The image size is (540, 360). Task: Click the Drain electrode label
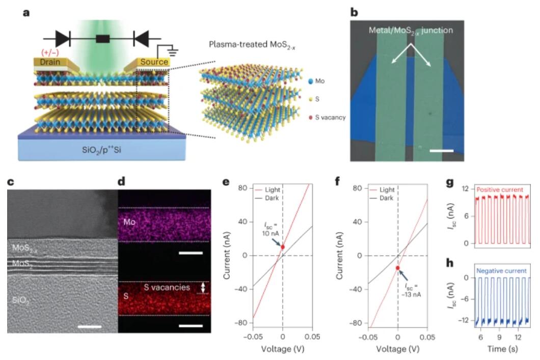pyautogui.click(x=50, y=62)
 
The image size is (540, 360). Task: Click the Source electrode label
pyautogui.click(x=154, y=62)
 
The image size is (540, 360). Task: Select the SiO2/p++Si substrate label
pyautogui.click(x=101, y=150)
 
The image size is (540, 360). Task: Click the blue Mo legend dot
pyautogui.click(x=311, y=81)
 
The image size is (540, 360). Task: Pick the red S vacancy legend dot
pyautogui.click(x=311, y=118)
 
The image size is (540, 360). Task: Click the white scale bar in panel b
pyautogui.click(x=442, y=150)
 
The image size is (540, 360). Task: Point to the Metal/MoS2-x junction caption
pyautogui.click(x=411, y=30)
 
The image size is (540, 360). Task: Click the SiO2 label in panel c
pyautogui.click(x=21, y=300)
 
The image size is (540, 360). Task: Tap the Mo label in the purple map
pyautogui.click(x=129, y=222)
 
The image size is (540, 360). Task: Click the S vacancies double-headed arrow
pyautogui.click(x=203, y=287)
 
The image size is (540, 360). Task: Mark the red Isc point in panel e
pyautogui.click(x=283, y=247)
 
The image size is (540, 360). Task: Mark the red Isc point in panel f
pyautogui.click(x=398, y=268)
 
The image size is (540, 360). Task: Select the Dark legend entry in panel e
pyautogui.click(x=272, y=198)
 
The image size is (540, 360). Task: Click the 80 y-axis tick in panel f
pyautogui.click(x=358, y=188)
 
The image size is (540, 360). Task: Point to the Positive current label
pyautogui.click(x=500, y=189)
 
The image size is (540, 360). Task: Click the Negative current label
pyautogui.click(x=501, y=271)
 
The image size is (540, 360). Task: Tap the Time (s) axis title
pyautogui.click(x=502, y=349)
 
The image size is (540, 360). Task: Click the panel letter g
pyautogui.click(x=450, y=183)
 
